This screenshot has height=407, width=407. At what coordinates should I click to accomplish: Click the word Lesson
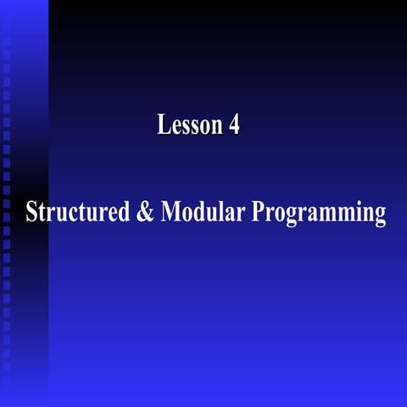187,125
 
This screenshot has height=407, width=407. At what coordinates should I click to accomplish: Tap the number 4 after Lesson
234,125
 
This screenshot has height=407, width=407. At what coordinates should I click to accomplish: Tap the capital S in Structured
31,212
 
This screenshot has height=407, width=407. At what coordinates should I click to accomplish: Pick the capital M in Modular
170,212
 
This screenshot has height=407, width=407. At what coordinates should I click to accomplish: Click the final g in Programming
379,215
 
